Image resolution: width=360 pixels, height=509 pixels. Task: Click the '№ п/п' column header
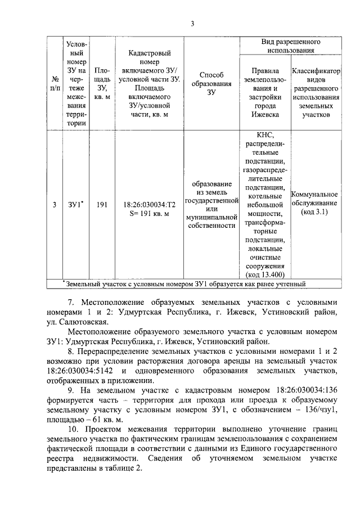click(54, 84)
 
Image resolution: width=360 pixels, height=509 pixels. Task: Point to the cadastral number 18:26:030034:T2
click(149, 205)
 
